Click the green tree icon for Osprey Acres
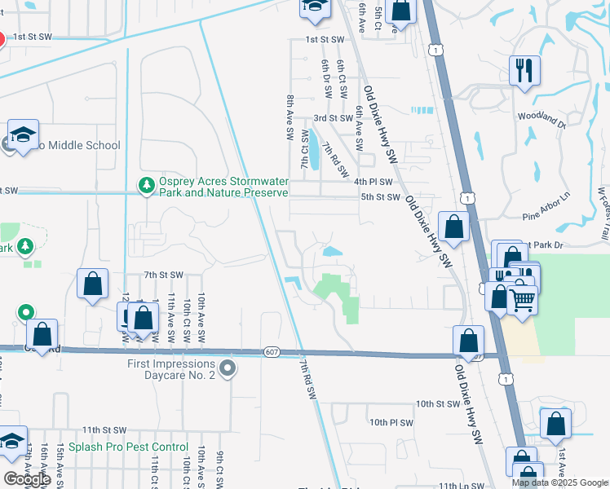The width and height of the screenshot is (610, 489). pos(147,187)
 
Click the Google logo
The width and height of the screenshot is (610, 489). pos(27,479)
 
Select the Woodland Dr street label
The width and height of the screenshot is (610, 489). pos(541,121)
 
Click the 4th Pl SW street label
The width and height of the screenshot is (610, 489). pos(374,182)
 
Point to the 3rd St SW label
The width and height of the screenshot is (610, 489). pos(334,118)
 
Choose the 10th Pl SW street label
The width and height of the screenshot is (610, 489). pos(391,423)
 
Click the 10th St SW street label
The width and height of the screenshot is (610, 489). pos(438,403)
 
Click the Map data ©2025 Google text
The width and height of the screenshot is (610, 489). pos(559,482)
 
